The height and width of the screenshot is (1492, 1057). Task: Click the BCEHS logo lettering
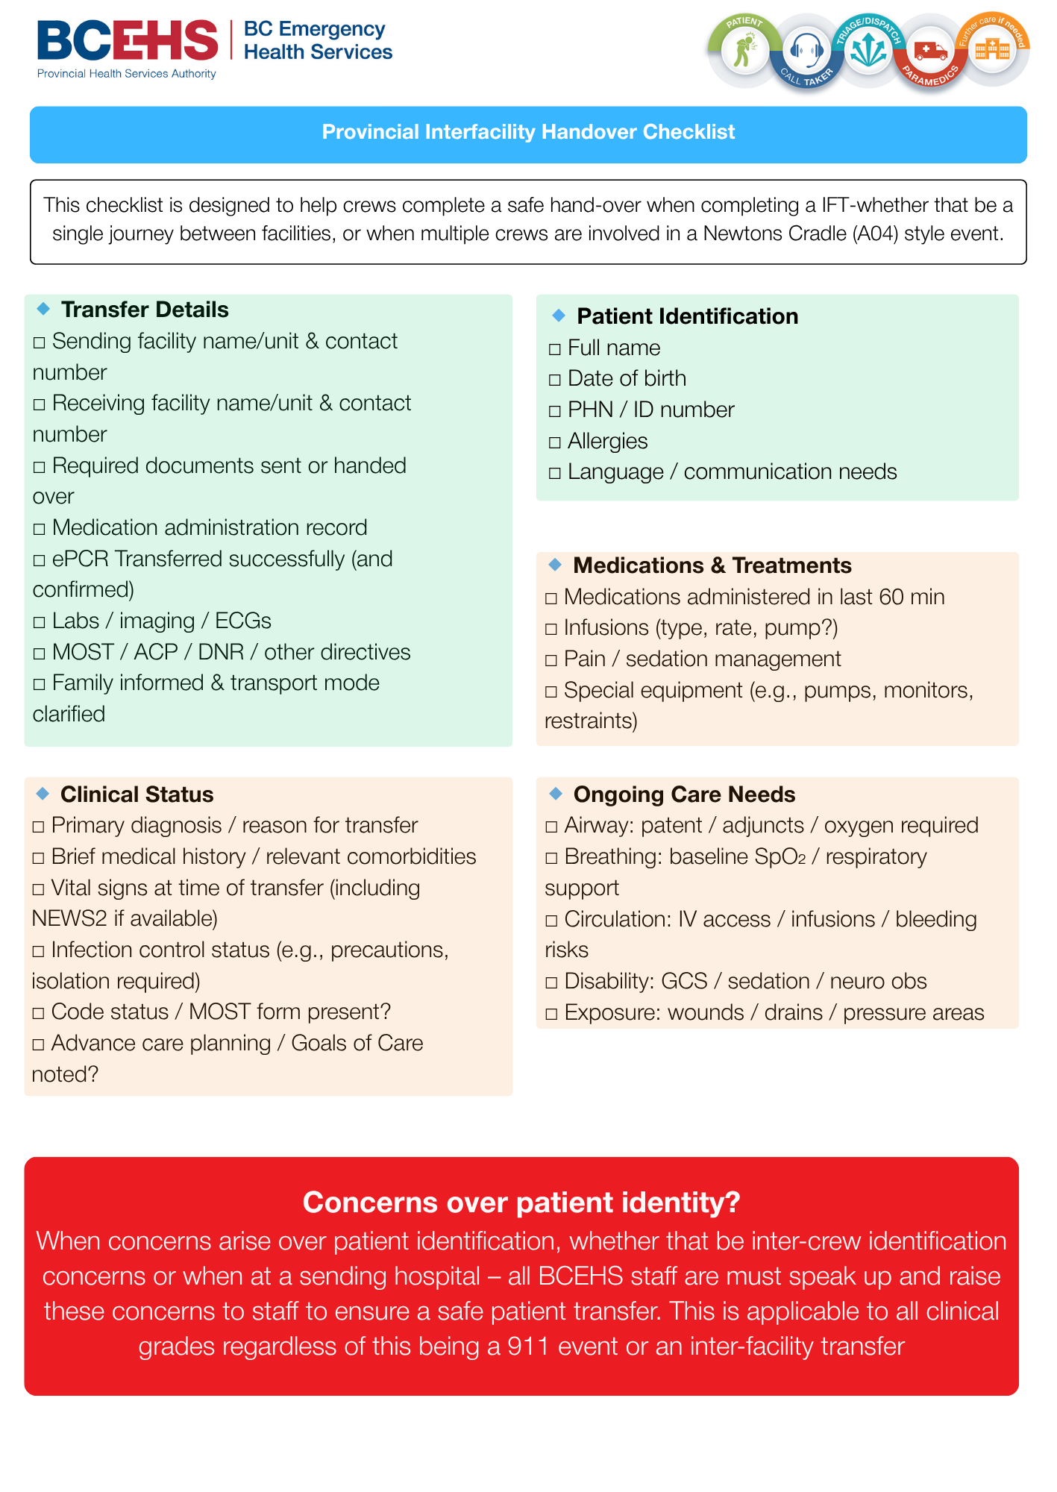click(128, 40)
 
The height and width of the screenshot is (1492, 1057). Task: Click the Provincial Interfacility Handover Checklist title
click(528, 132)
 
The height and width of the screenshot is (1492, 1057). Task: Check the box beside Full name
click(554, 349)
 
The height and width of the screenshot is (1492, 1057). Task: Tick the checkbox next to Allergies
click(554, 442)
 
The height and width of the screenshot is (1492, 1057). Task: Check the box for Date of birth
click(554, 380)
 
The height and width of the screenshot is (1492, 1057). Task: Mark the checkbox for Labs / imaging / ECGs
click(39, 622)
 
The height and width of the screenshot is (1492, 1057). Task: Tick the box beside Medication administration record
click(39, 529)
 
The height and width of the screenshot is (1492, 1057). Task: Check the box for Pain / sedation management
click(551, 660)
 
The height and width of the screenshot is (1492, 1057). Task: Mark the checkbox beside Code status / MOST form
click(39, 1013)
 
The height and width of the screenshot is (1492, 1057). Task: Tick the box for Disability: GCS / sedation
click(551, 982)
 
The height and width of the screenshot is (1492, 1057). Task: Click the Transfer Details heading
click(145, 310)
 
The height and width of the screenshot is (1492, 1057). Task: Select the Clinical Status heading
click(137, 794)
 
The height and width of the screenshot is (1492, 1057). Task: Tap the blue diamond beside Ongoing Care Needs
click(555, 792)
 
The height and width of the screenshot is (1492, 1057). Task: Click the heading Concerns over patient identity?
click(521, 1203)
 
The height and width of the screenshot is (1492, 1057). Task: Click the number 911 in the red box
click(528, 1347)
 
